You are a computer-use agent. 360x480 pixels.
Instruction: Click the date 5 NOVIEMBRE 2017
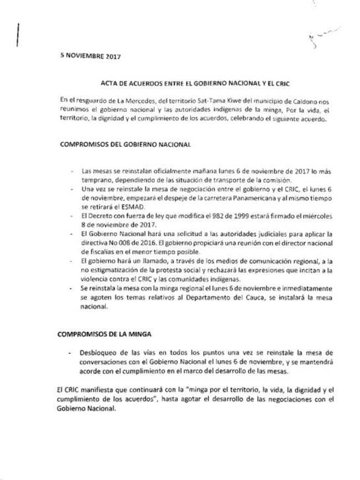point(90,56)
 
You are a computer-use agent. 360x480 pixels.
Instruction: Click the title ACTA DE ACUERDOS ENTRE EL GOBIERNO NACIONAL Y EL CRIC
point(196,83)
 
